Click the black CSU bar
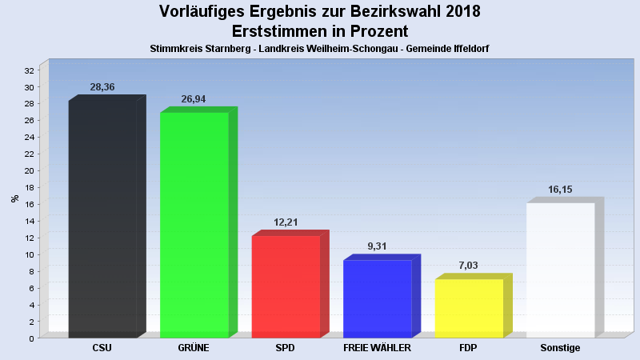[x=102, y=218]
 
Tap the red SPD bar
[x=286, y=286]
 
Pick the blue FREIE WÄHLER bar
[x=377, y=298]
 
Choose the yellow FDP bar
[x=469, y=307]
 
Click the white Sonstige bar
[x=560, y=270]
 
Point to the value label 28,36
[x=102, y=87]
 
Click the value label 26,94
[x=194, y=99]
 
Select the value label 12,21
[x=286, y=222]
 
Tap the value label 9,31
[x=377, y=246]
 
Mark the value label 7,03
[x=469, y=266]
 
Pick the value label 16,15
[x=560, y=190]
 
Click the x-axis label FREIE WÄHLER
[x=377, y=349]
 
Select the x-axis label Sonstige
[x=560, y=349]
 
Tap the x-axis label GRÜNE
[x=194, y=349]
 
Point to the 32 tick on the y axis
[x=30, y=70]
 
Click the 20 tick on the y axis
[x=30, y=170]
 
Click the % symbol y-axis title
[x=14, y=198]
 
